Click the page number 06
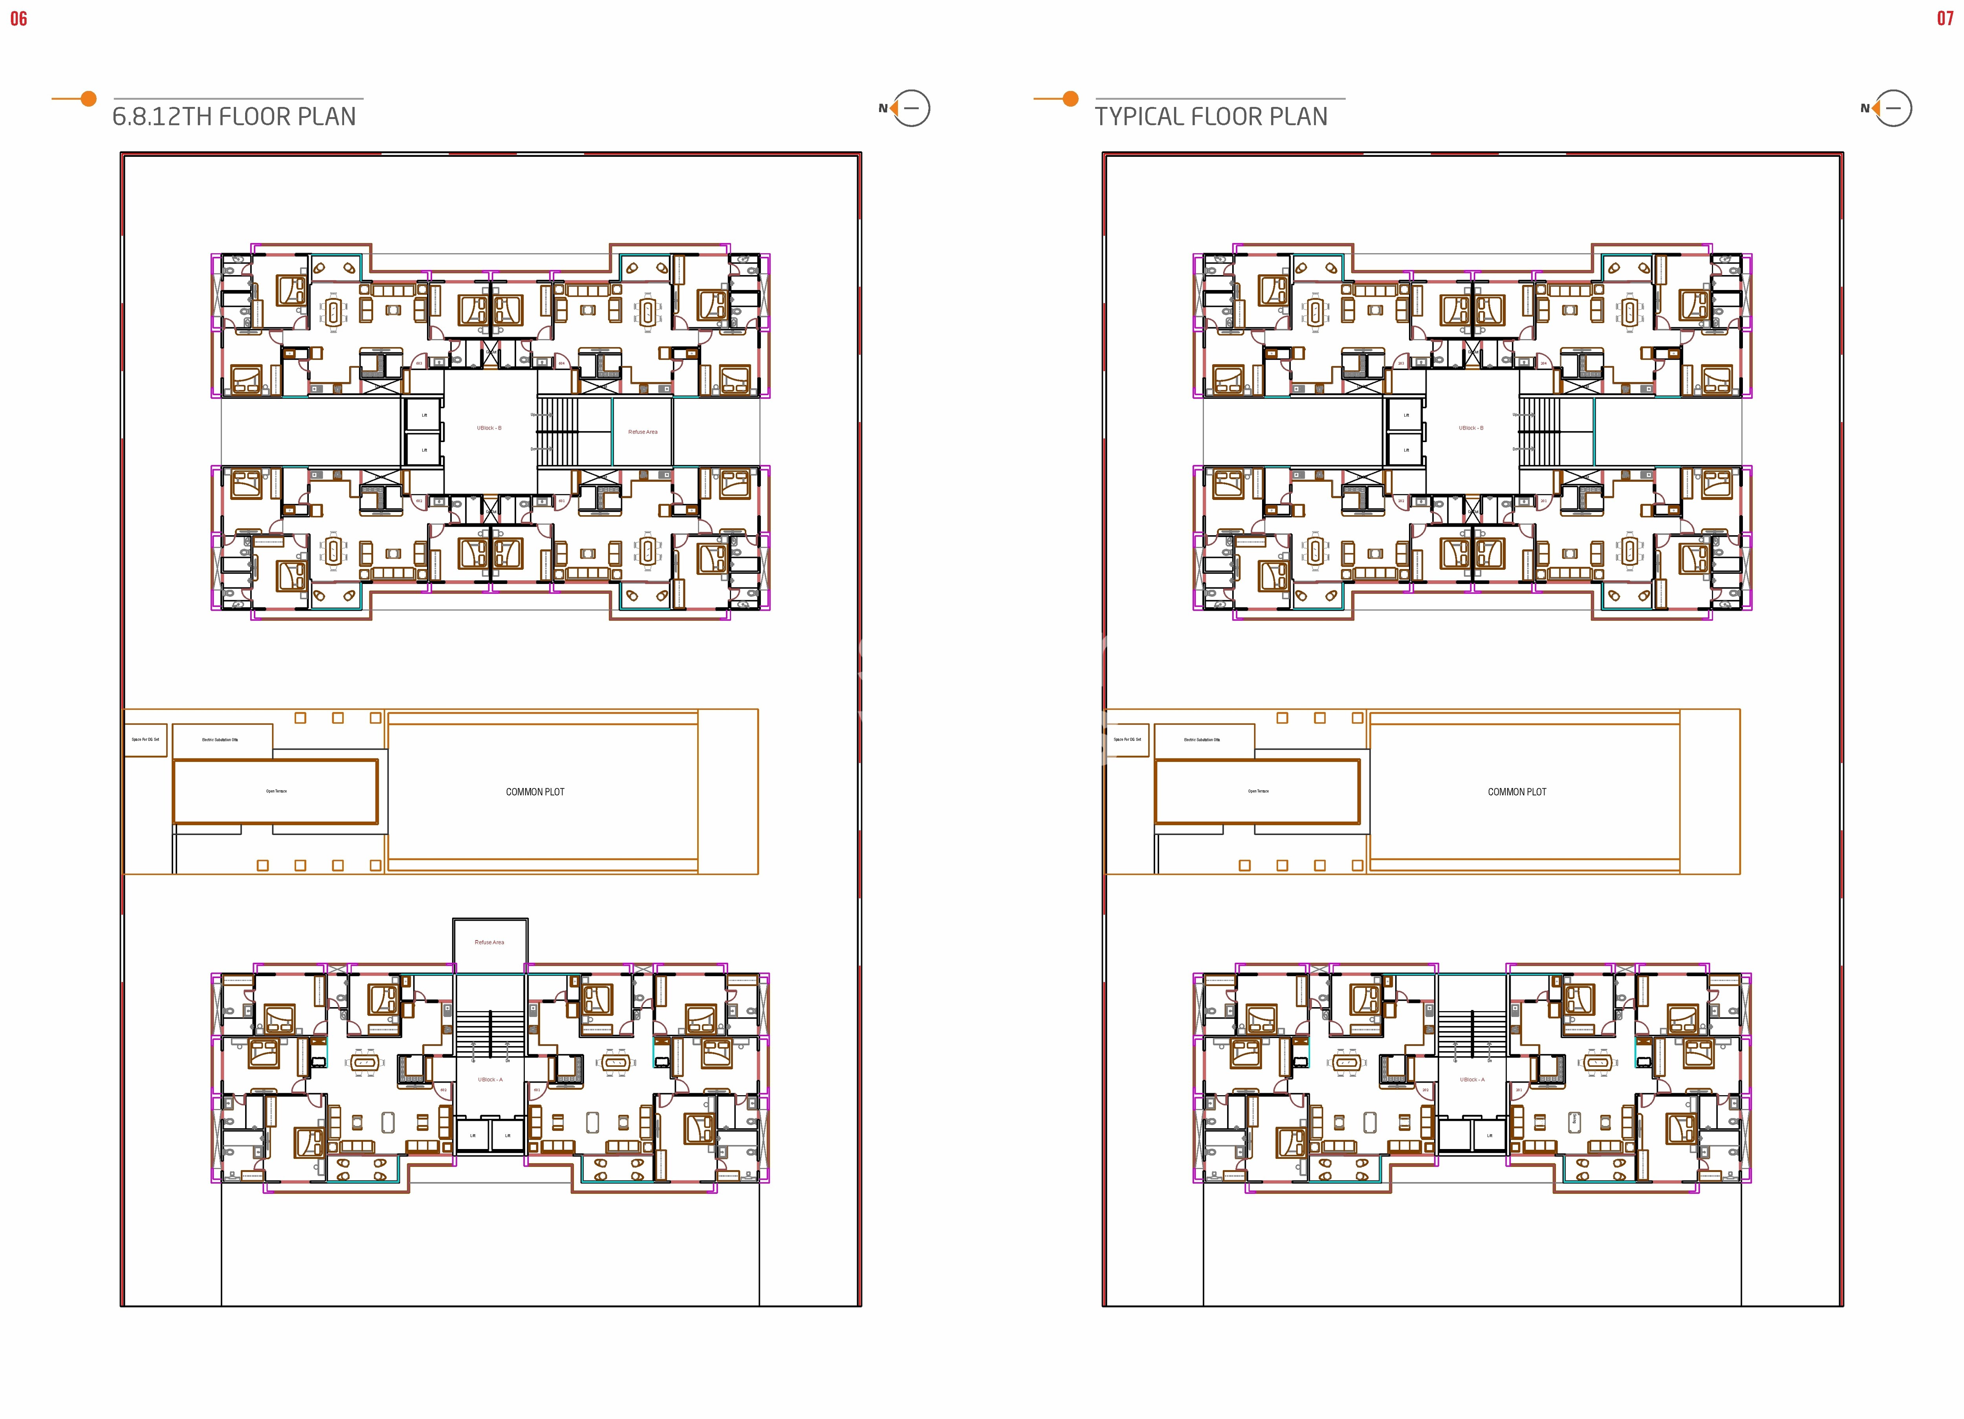pos(18,18)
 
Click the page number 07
pos(1945,18)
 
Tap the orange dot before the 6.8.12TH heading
pos(88,99)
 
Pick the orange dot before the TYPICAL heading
pos(1070,99)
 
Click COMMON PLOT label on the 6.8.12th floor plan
pos(535,792)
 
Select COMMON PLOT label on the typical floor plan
pos(1517,792)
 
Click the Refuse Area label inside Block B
pos(643,431)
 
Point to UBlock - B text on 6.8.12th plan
pos(489,428)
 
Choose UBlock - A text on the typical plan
pos(1471,1079)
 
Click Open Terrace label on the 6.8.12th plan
pos(276,791)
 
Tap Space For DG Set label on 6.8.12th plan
pos(145,740)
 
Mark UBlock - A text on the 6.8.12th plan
pos(489,1079)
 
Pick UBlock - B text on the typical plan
pos(1471,428)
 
